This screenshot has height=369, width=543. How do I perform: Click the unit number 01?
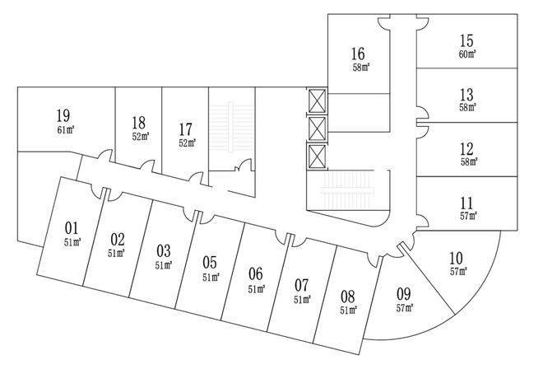[72, 227]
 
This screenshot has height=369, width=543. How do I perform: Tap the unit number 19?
[63, 115]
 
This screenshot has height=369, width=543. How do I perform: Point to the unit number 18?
[138, 124]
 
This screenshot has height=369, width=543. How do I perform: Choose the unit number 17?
[186, 128]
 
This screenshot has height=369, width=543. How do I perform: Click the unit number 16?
[357, 54]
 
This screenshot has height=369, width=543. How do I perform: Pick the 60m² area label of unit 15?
[467, 54]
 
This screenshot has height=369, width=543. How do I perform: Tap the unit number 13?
[467, 94]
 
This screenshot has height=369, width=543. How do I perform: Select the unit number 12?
[467, 149]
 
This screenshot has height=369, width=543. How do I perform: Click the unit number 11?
[467, 203]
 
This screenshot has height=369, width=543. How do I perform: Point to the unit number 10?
[457, 257]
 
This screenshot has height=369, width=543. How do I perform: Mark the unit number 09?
[403, 293]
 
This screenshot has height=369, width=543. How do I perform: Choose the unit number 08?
[348, 296]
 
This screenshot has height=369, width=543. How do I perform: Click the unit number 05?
[210, 263]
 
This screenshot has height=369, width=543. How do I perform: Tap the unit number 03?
[164, 250]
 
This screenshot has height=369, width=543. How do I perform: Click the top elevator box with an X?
[317, 101]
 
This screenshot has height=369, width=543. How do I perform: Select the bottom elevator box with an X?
[317, 156]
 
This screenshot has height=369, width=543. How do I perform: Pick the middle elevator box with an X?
[317, 128]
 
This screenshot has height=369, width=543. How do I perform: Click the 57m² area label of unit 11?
[467, 216]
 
